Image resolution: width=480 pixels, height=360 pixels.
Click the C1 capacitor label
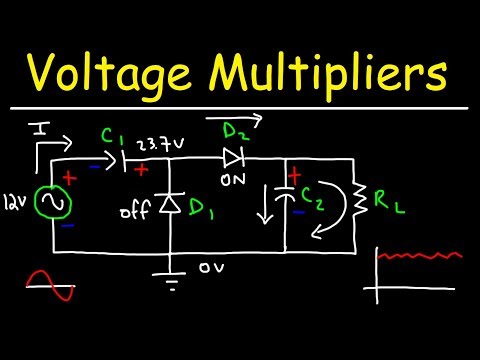click(x=139, y=136)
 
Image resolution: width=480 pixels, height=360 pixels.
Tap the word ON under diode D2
click(x=232, y=181)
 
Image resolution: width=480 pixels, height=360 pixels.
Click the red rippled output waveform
click(x=420, y=257)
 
